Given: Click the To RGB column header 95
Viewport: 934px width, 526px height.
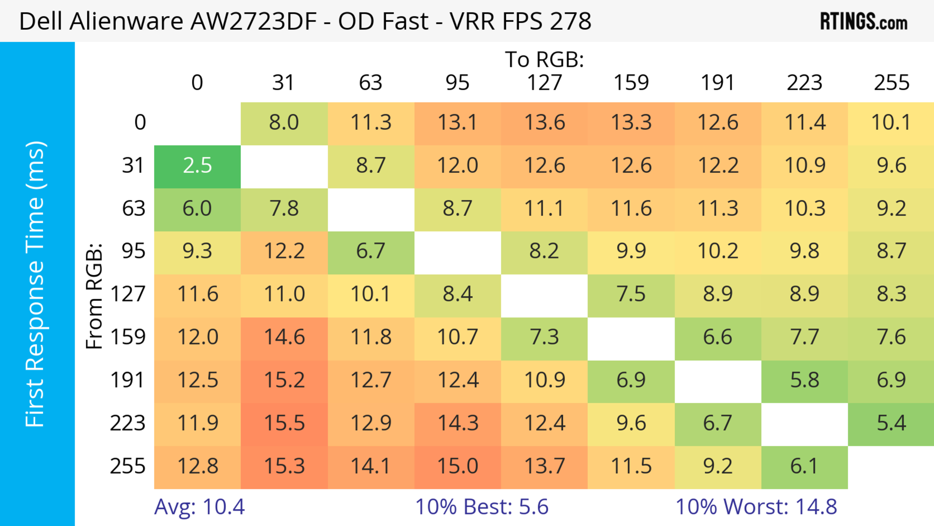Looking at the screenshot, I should coord(458,83).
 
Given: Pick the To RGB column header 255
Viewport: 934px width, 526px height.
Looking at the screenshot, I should coord(891,83).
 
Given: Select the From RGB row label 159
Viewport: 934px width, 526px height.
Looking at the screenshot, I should coord(128,337).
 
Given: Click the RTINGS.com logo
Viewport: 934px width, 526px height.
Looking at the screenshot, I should coord(864,22).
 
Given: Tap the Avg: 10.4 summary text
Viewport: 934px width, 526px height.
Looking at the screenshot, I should coord(199,507).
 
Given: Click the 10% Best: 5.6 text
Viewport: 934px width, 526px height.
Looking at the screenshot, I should coord(482,507).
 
